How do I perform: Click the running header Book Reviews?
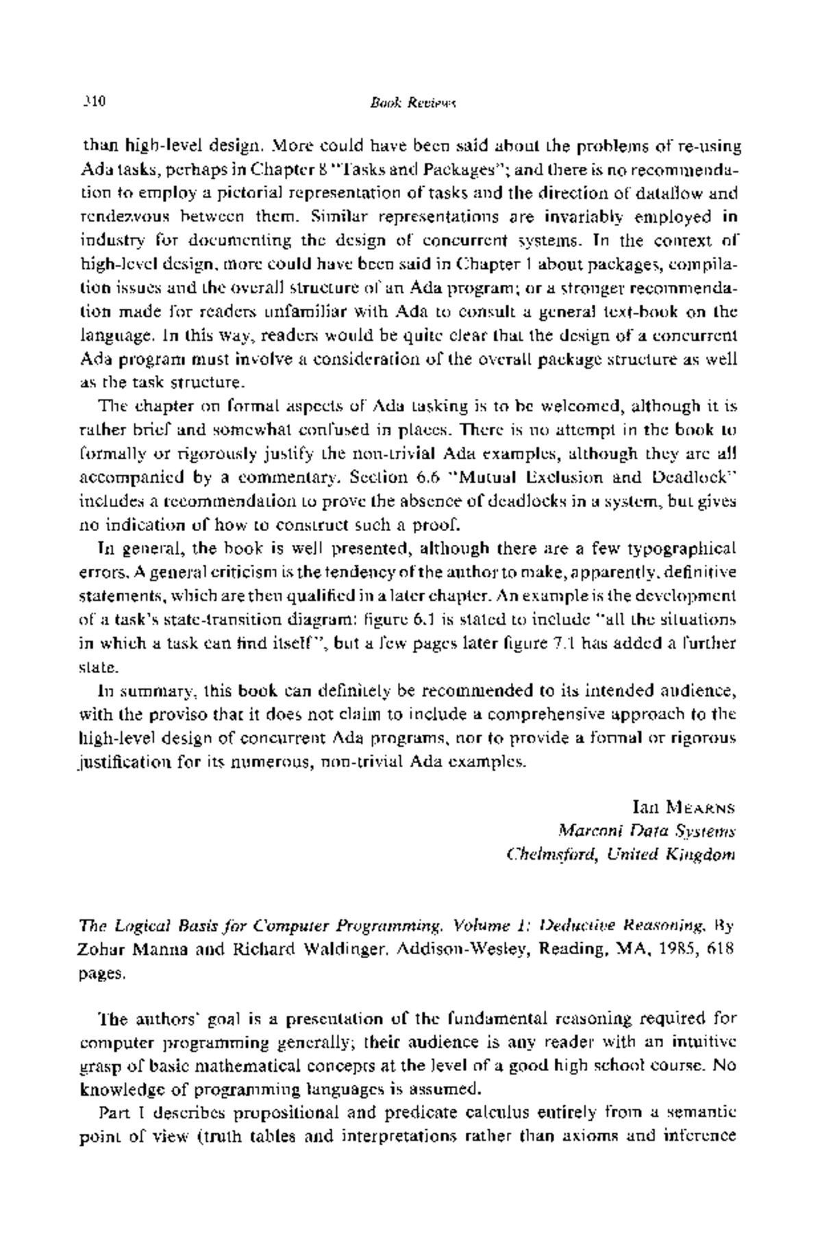coord(412,103)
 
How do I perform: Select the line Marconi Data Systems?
coord(647,831)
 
